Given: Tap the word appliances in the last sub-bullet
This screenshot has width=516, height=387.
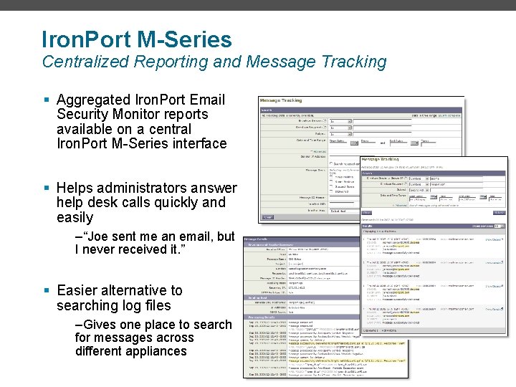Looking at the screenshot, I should [x=151, y=351].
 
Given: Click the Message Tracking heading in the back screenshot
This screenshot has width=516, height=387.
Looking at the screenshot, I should [x=281, y=100].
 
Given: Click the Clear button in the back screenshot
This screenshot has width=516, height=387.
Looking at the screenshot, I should [x=267, y=216].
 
